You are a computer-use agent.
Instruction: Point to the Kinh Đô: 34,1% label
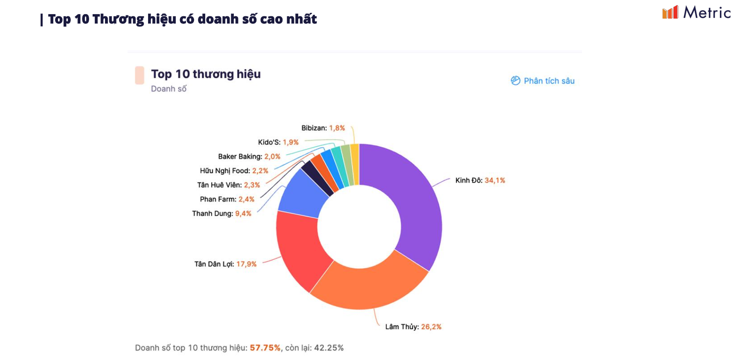480,180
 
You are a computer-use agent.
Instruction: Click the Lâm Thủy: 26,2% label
413,327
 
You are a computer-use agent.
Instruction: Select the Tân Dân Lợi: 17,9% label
225,264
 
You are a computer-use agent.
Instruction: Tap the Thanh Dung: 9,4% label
221,213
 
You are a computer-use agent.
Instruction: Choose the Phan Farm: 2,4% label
227,199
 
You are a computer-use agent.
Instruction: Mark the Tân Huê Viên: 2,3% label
228,185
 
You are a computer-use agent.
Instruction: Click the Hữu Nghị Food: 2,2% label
234,171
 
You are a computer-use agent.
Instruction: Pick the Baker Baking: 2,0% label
249,157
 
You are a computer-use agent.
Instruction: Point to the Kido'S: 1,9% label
278,142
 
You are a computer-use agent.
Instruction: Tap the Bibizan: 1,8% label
323,128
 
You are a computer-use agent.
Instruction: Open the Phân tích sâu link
543,81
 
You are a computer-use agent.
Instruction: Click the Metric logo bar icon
670,12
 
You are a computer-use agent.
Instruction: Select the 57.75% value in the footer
265,348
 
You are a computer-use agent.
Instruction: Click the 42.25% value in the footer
329,348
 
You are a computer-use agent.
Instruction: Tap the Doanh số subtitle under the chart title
169,89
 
